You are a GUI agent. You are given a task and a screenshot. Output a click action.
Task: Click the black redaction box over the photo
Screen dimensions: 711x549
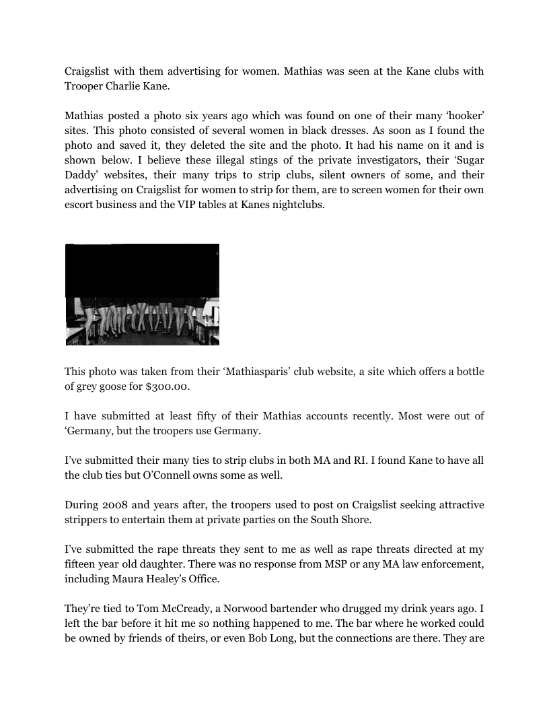(x=142, y=270)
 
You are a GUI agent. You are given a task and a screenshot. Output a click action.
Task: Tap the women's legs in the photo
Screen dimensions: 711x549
(x=142, y=320)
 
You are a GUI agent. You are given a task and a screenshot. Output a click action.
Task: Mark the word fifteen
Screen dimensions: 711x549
(x=81, y=564)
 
